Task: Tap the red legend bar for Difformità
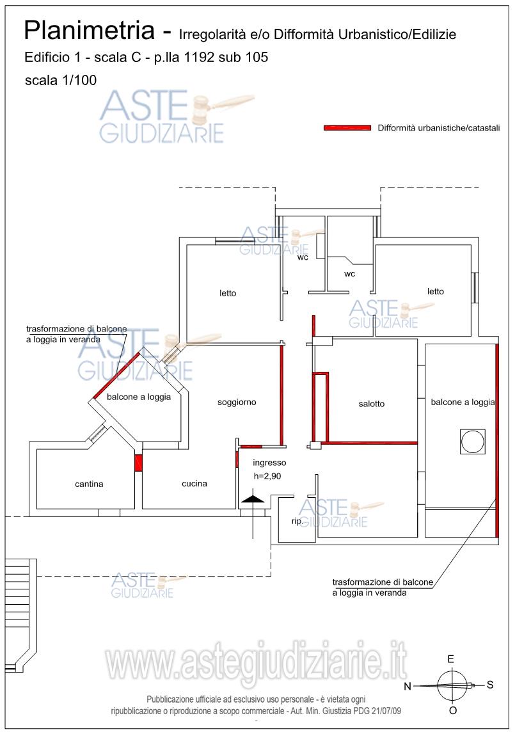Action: tap(347, 128)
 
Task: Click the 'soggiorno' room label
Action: tap(237, 403)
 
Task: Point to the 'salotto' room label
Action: tap(371, 404)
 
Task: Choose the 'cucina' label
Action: tap(194, 484)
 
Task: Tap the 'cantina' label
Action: tap(89, 484)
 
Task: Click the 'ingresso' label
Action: tap(269, 463)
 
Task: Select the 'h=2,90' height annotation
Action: tap(267, 475)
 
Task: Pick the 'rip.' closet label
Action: tap(297, 522)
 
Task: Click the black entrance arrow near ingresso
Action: tap(253, 499)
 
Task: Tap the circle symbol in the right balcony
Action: tap(472, 442)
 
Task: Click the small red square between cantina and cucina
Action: tap(138, 463)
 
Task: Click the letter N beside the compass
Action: tap(408, 687)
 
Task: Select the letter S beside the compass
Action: tap(490, 685)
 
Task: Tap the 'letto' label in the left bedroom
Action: tap(228, 293)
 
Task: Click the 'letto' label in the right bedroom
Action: tap(436, 291)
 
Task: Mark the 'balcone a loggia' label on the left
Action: tap(139, 397)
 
